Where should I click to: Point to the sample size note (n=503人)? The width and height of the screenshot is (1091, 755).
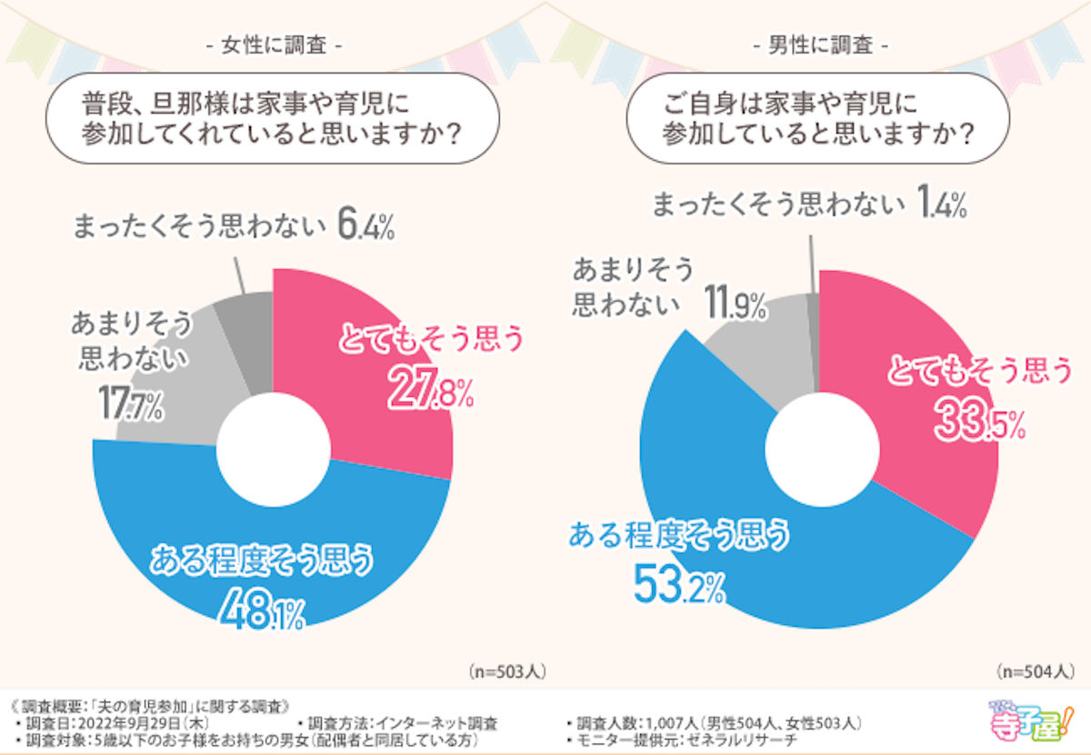coord(508,672)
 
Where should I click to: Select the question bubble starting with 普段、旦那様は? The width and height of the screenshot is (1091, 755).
coord(272,118)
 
